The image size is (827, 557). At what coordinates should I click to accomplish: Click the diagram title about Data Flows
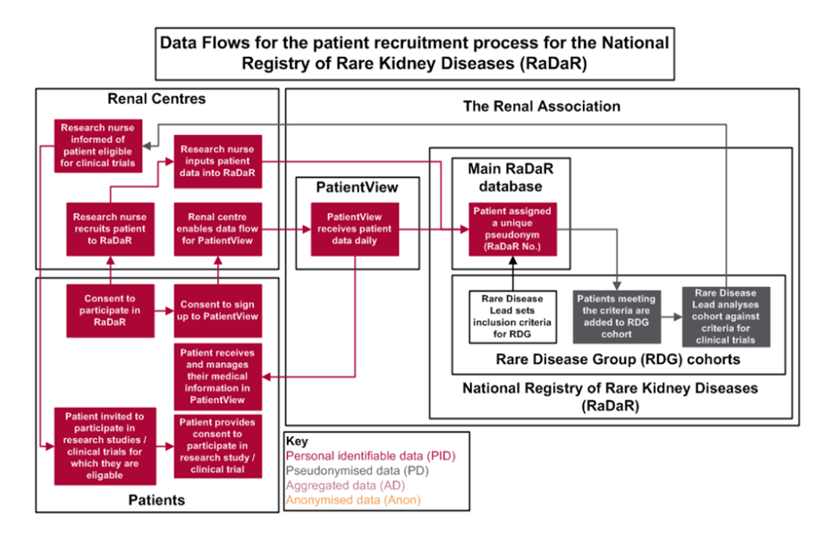(412, 53)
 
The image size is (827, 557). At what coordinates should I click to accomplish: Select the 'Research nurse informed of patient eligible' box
(98, 145)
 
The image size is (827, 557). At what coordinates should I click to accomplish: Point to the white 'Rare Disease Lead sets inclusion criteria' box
(513, 316)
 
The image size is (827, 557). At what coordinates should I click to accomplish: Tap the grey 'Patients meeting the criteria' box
(617, 316)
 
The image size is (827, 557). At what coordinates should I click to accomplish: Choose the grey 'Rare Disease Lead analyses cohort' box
(725, 316)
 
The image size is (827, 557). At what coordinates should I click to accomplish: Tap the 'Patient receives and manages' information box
(217, 376)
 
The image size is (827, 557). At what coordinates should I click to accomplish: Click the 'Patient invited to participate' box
(106, 445)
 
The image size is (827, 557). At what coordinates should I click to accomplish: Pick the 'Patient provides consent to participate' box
(217, 445)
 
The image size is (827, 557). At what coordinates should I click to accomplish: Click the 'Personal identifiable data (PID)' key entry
(371, 455)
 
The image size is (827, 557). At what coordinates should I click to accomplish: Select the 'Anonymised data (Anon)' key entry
(353, 500)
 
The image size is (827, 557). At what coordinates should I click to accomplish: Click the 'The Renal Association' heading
(541, 106)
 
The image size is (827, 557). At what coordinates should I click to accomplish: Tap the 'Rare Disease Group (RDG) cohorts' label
(617, 360)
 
